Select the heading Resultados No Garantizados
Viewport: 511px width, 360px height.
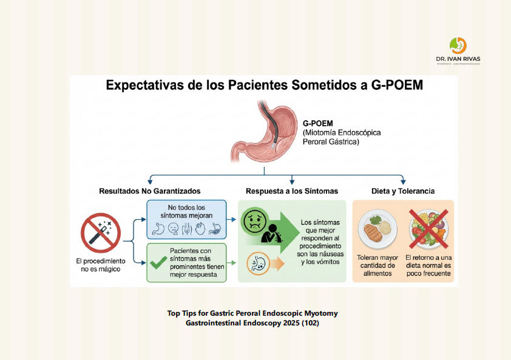click(x=149, y=191)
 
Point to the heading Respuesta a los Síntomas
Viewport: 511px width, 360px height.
click(x=292, y=191)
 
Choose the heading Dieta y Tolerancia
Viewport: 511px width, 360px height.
click(x=402, y=191)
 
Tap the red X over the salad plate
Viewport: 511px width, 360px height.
click(x=428, y=229)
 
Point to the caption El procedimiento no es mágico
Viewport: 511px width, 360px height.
click(x=101, y=265)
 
